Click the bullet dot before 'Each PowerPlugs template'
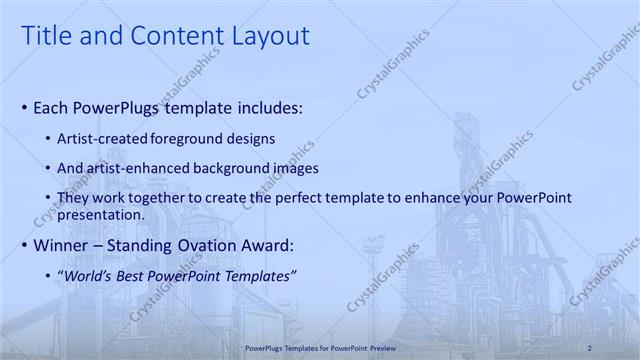24,107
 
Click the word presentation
101,214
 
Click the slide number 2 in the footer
591,348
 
